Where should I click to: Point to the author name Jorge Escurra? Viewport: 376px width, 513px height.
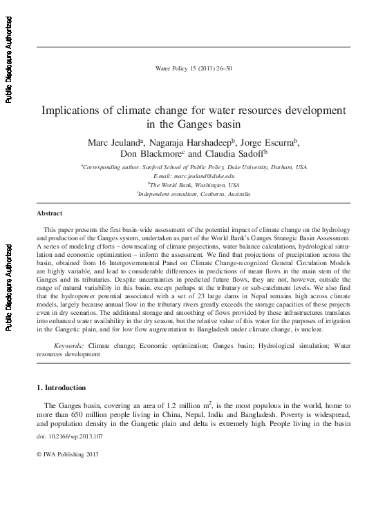click(x=272, y=142)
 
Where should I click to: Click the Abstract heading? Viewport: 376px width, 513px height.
click(x=49, y=214)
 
